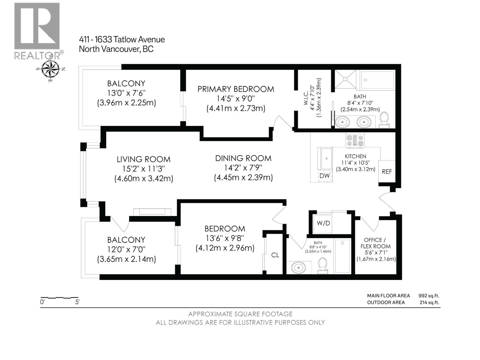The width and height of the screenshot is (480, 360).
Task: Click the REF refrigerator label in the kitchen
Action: click(x=387, y=172)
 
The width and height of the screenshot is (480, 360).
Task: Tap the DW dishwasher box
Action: click(x=325, y=176)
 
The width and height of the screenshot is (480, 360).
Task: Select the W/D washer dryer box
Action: click(x=323, y=223)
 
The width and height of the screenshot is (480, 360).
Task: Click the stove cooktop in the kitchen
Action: click(x=355, y=140)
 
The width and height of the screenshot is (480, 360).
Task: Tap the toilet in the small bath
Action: click(x=323, y=265)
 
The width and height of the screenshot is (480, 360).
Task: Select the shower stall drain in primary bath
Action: click(x=345, y=79)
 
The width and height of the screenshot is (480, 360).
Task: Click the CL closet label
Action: click(x=275, y=255)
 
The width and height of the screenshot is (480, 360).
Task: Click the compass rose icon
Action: click(x=50, y=69)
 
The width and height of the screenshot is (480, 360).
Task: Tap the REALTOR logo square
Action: click(x=37, y=26)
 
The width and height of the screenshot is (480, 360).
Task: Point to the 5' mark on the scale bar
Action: click(x=77, y=302)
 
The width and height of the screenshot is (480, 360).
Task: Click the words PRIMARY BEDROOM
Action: click(x=235, y=89)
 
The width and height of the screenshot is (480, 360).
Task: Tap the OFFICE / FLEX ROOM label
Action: click(x=375, y=243)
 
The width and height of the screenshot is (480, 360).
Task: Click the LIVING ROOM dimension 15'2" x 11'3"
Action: click(x=143, y=169)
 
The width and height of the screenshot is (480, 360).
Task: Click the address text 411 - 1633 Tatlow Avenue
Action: click(x=122, y=40)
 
